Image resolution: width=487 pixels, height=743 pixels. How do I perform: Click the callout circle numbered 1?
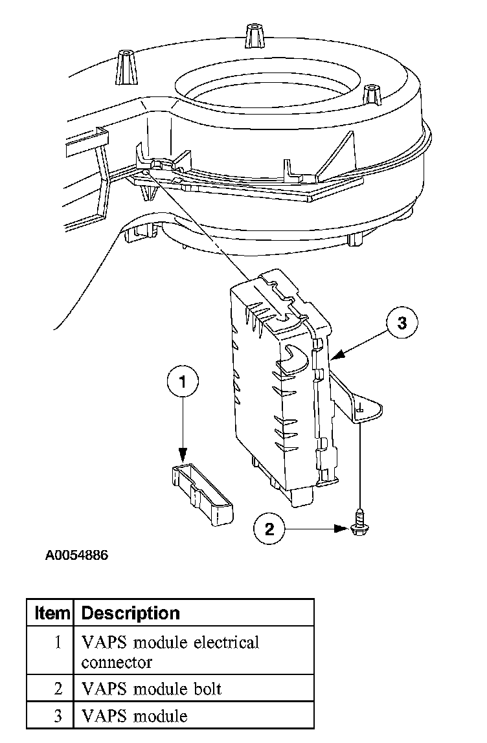182,382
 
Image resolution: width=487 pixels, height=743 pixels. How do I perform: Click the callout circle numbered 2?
269,529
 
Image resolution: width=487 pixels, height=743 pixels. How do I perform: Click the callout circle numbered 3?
402,322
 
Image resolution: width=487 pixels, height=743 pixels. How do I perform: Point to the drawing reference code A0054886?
76,555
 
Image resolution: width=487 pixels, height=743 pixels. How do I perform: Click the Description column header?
131,612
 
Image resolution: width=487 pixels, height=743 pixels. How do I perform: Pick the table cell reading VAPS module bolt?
152,689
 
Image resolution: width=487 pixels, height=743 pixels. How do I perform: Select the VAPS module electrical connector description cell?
170,652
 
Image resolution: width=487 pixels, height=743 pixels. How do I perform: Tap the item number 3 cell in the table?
58,716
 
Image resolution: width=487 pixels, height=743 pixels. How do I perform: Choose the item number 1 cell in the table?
58,643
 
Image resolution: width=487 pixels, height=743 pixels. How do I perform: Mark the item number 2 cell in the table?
58,689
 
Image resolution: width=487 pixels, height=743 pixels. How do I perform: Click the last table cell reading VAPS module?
134,716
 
